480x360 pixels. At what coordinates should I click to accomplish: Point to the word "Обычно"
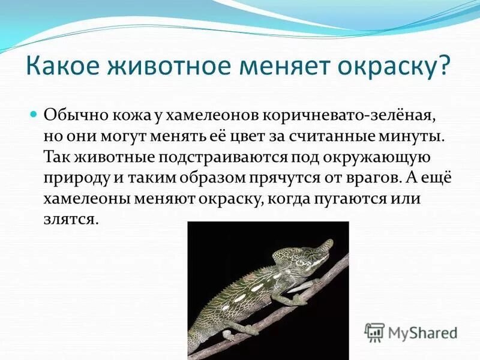(68, 114)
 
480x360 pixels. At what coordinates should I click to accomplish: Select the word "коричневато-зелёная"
(307, 114)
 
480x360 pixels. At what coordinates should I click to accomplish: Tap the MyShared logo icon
(374, 332)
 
